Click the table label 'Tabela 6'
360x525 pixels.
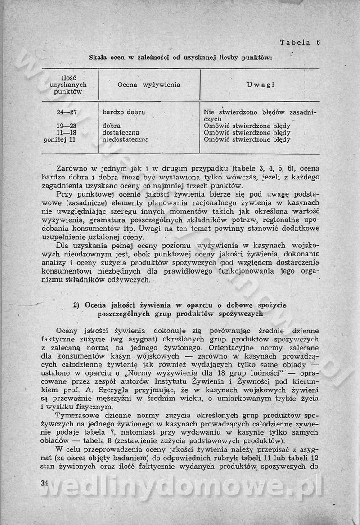tap(299, 43)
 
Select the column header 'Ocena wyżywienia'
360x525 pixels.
tap(149, 85)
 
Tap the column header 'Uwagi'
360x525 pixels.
tap(261, 85)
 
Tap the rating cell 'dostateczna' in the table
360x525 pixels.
tap(121, 133)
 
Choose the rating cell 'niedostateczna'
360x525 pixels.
tap(126, 139)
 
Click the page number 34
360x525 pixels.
tap(44, 483)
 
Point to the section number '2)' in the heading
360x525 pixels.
tap(76, 305)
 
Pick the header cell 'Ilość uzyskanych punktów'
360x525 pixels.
tap(68, 85)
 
